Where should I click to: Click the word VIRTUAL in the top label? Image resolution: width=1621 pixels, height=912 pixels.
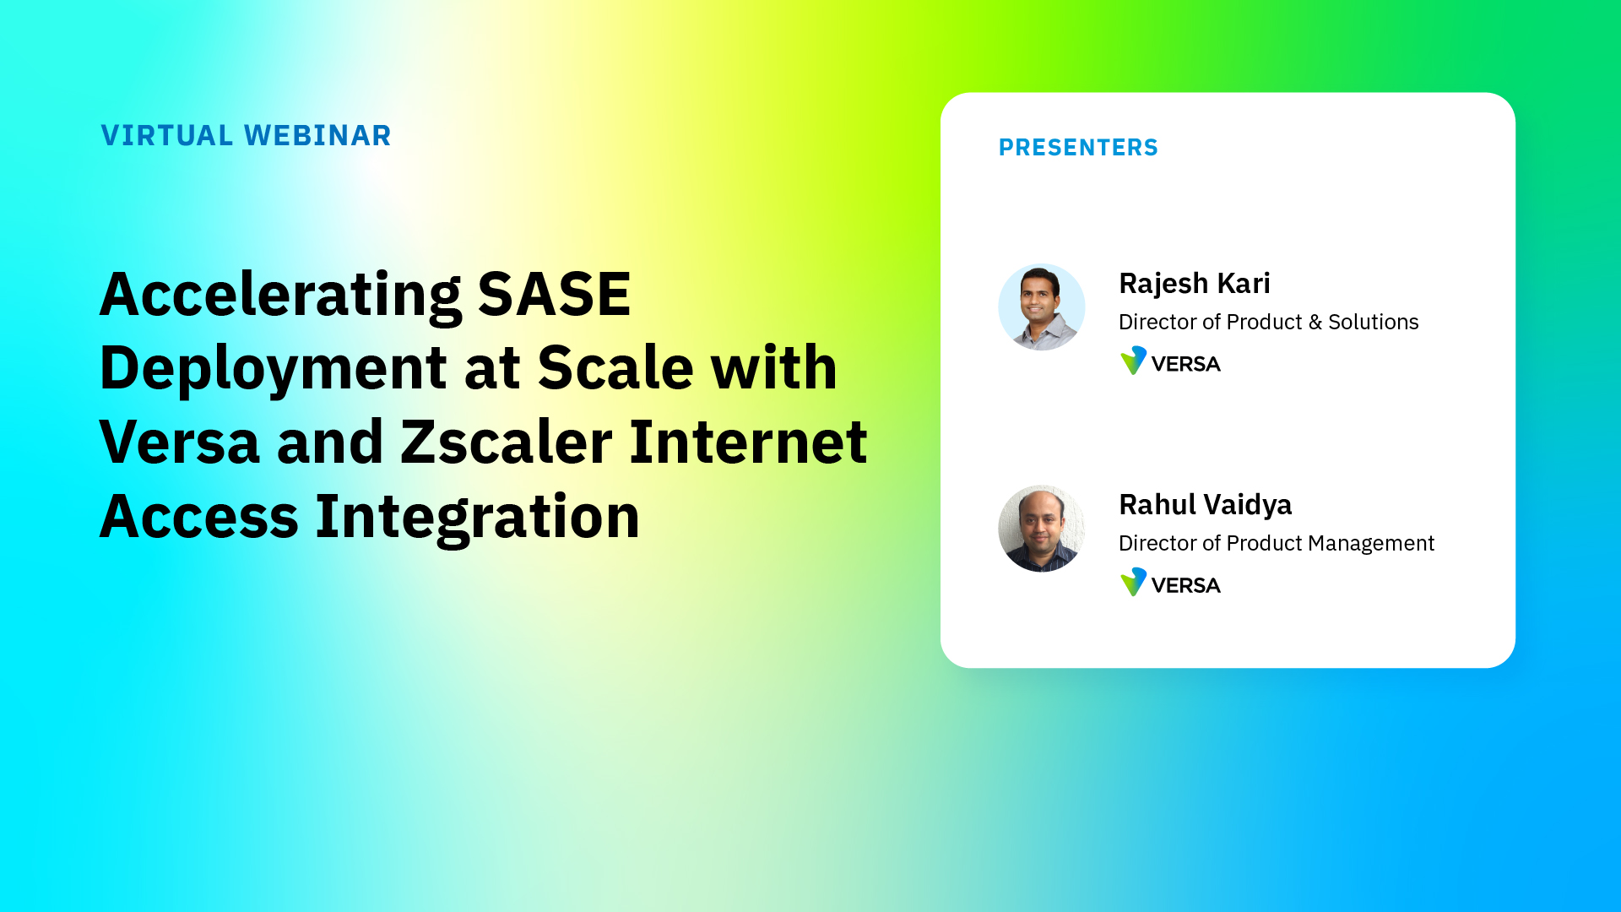[x=167, y=135]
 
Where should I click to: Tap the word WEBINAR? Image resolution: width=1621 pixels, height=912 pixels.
[x=317, y=135]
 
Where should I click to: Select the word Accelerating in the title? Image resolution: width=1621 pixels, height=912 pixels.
[x=280, y=295]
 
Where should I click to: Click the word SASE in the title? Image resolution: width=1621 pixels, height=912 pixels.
[x=554, y=295]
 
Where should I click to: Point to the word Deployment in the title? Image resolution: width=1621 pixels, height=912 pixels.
[x=273, y=368]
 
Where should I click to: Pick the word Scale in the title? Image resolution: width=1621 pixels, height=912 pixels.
[x=615, y=368]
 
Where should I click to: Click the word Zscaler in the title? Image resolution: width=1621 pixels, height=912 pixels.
[x=507, y=442]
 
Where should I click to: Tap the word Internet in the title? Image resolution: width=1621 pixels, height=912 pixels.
[x=748, y=442]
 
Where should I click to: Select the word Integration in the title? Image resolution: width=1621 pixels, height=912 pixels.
[x=477, y=516]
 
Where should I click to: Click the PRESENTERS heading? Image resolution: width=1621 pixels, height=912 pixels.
[x=1078, y=148]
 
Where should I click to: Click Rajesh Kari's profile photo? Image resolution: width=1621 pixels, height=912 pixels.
[x=1041, y=307]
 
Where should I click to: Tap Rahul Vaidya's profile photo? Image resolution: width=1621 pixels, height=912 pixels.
[x=1041, y=529]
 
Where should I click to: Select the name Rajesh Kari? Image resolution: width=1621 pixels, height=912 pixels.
[x=1194, y=284]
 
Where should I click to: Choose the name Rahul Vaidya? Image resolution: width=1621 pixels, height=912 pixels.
[x=1205, y=505]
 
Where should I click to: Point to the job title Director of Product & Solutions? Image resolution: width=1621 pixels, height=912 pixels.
[x=1268, y=322]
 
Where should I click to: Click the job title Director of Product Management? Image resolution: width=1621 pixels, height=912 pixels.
[x=1276, y=543]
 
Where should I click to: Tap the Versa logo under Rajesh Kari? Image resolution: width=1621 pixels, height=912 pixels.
[x=1170, y=361]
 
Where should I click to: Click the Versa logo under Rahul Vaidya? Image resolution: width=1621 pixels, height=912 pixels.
[x=1170, y=583]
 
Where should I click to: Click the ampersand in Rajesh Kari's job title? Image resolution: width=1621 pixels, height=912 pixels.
[x=1315, y=323]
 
